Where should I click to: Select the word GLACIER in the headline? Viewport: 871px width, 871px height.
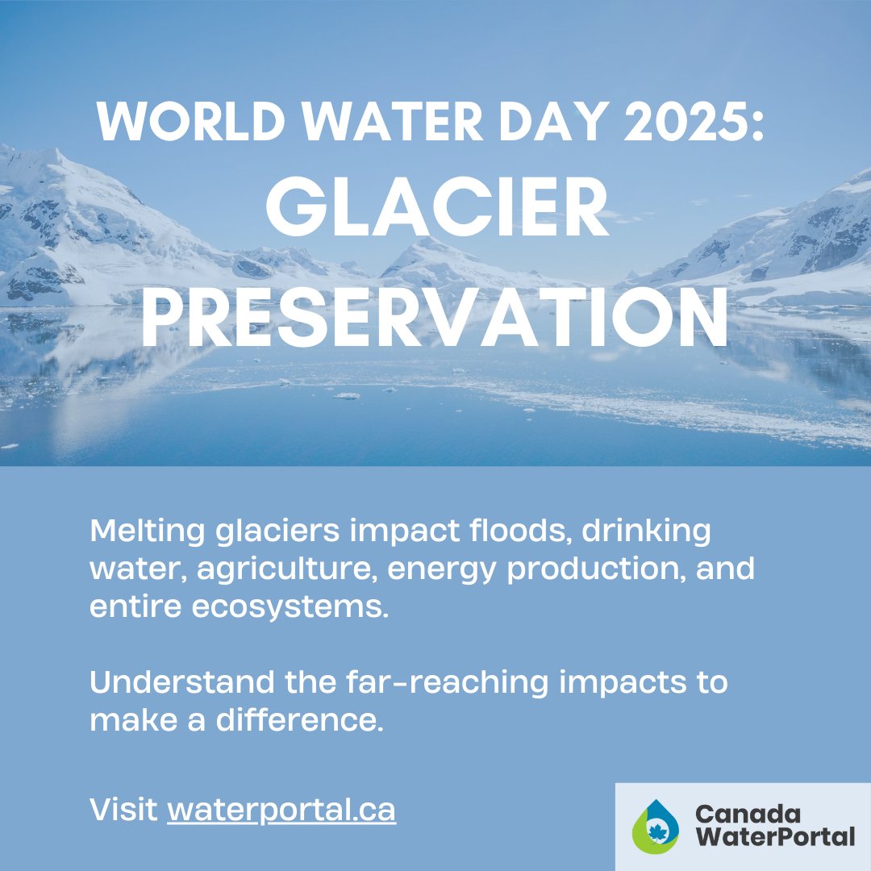(x=435, y=212)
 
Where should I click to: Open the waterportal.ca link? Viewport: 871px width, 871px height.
(x=281, y=810)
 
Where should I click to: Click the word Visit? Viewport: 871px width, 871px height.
(x=124, y=810)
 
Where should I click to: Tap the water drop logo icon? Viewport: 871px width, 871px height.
(x=655, y=827)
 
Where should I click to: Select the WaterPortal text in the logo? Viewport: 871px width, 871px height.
(x=774, y=837)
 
